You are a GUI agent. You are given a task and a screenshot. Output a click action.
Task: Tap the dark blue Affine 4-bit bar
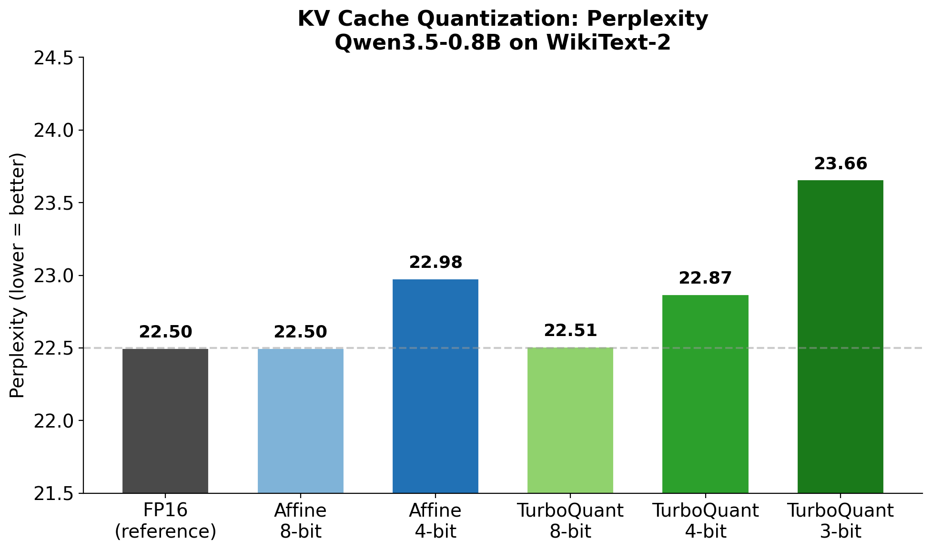[x=436, y=386]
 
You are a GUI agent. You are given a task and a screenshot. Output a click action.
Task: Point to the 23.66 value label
[x=841, y=164]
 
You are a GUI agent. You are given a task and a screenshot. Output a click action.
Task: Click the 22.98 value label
[x=436, y=263]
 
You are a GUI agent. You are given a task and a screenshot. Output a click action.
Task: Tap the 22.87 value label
[x=705, y=278]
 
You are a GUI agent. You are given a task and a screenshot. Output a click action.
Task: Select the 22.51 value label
[x=570, y=331]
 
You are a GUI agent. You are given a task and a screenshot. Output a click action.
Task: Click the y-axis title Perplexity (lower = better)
[x=17, y=275]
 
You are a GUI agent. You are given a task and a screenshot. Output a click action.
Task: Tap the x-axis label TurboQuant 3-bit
[x=840, y=521]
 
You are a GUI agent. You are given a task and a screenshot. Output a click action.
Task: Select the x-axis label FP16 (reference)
[x=165, y=521]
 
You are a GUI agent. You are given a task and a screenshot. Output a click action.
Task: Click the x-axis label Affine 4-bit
[x=436, y=521]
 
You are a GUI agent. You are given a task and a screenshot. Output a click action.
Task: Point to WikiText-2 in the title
[x=608, y=43]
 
